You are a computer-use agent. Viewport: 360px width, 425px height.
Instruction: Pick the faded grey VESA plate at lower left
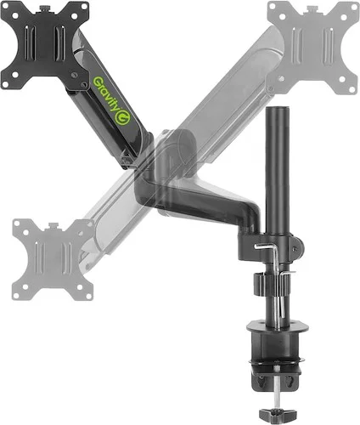pos(53,259)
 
